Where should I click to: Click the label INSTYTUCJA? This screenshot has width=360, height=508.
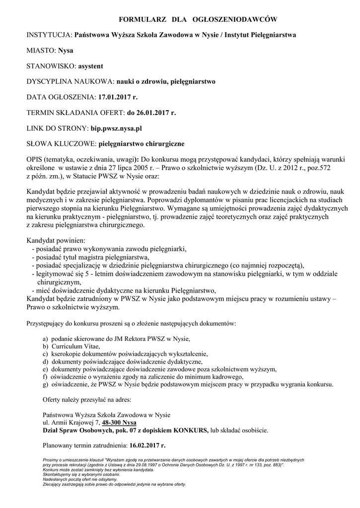pyautogui.click(x=49, y=35)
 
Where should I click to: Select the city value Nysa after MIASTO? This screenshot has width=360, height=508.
pyautogui.click(x=65, y=51)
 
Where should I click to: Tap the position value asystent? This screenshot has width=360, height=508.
pyautogui.click(x=89, y=66)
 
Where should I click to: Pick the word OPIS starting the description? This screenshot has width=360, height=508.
pyautogui.click(x=34, y=160)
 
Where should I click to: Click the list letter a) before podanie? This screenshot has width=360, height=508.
pyautogui.click(x=46, y=338)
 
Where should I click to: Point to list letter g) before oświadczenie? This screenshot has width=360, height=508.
pyautogui.click(x=46, y=384)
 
